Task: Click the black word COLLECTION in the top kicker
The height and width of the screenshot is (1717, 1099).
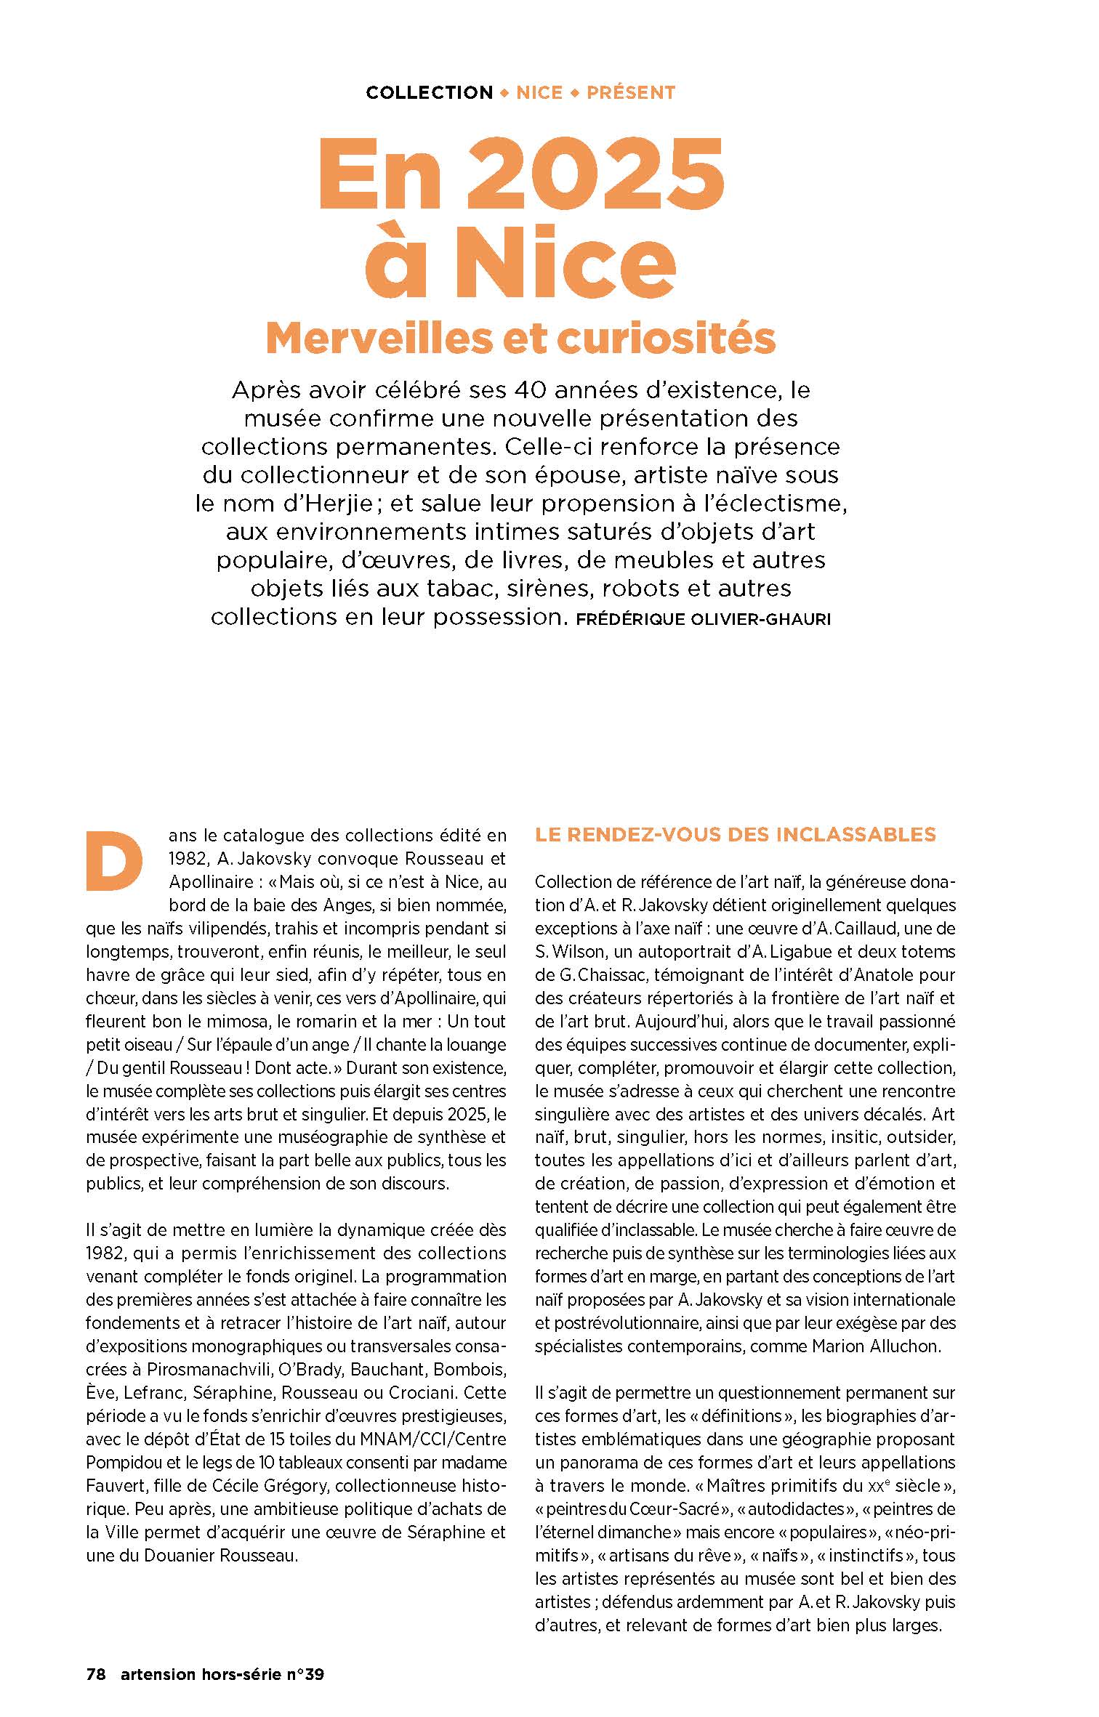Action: point(430,93)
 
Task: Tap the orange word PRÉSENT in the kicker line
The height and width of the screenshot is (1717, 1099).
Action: point(631,93)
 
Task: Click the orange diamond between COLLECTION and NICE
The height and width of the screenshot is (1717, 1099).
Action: point(504,93)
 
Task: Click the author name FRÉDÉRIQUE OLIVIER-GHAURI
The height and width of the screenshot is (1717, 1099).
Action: point(701,620)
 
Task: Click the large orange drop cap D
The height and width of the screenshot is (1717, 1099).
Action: point(114,862)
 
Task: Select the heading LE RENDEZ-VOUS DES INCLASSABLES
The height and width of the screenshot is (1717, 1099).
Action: point(736,834)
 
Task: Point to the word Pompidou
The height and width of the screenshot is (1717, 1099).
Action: point(121,1463)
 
